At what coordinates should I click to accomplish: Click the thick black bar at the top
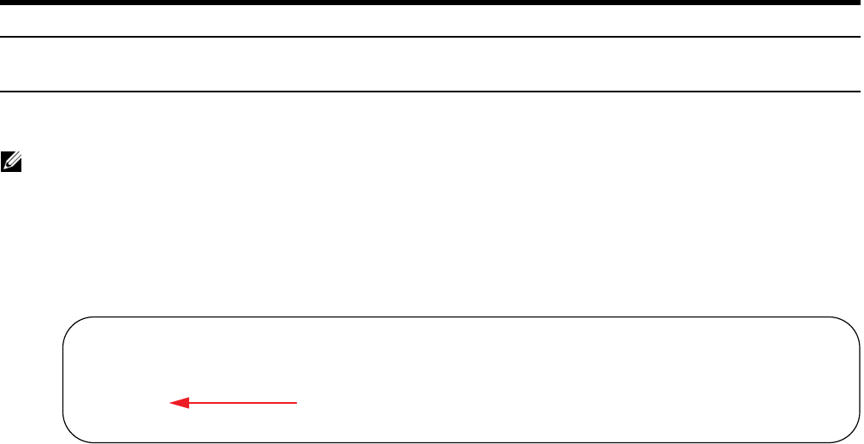point(432,3)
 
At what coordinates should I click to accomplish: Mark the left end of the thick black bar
point(3,3)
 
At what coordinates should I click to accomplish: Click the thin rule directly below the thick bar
point(432,37)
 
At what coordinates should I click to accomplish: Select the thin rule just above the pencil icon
point(432,92)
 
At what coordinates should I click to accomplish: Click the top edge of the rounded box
point(461,317)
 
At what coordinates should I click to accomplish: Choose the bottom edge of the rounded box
point(461,441)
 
